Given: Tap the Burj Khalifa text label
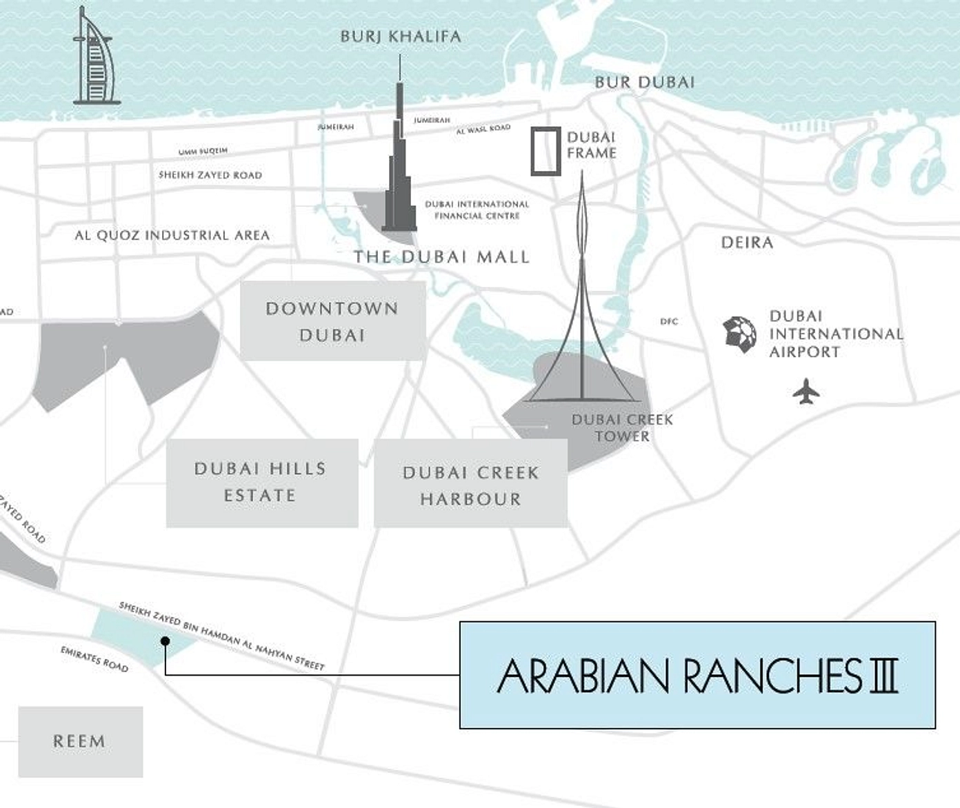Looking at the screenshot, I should pyautogui.click(x=401, y=37).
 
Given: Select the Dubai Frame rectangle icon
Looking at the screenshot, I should pyautogui.click(x=546, y=151).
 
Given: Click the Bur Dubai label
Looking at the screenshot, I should pyautogui.click(x=645, y=83).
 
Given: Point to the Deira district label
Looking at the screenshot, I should pyautogui.click(x=747, y=243).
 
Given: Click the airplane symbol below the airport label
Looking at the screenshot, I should pyautogui.click(x=806, y=392).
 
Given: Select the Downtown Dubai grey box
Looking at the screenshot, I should pyautogui.click(x=332, y=321).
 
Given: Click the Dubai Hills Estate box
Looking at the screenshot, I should pyautogui.click(x=261, y=483).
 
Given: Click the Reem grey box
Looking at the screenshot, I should pyautogui.click(x=80, y=742).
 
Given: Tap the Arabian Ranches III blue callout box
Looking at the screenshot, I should pyautogui.click(x=697, y=676).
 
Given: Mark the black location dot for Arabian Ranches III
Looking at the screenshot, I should pyautogui.click(x=165, y=641).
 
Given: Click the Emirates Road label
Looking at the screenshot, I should pyautogui.click(x=94, y=659).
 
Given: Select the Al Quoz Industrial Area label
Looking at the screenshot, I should pyautogui.click(x=172, y=236).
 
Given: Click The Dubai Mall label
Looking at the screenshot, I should pyautogui.click(x=441, y=257).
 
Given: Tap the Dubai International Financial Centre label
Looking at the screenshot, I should pyautogui.click(x=477, y=210).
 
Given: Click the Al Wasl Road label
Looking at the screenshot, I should pyautogui.click(x=483, y=129).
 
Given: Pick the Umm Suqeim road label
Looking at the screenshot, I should pyautogui.click(x=203, y=152).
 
